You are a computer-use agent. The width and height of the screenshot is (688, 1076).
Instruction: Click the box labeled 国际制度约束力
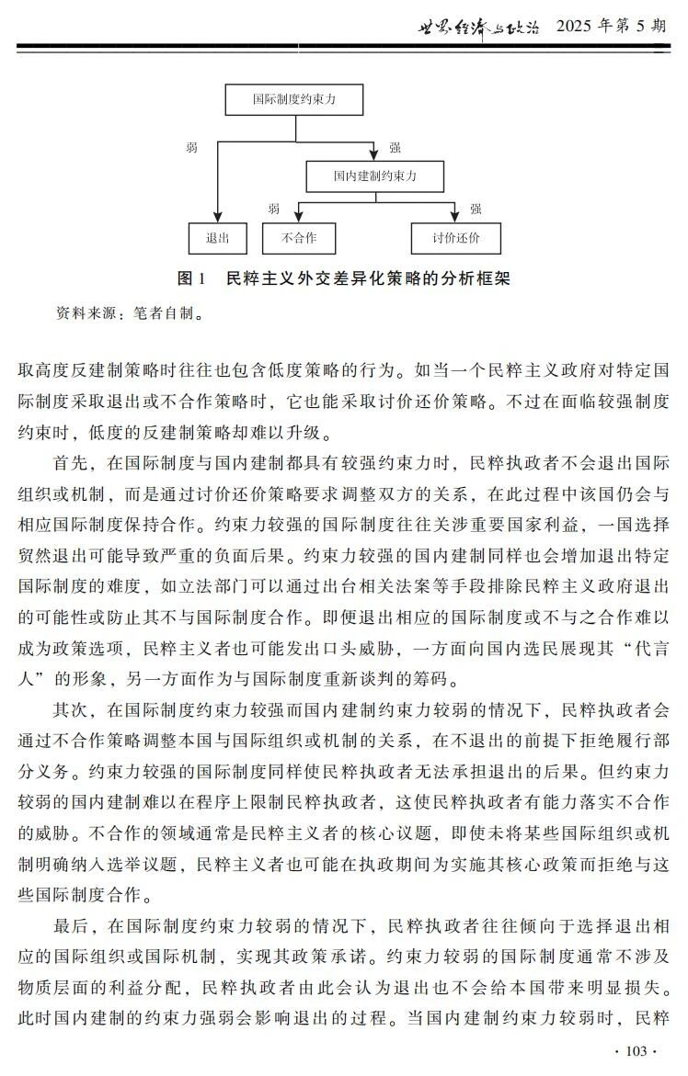point(294,99)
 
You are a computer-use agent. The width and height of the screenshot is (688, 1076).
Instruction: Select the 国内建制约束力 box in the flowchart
point(374,175)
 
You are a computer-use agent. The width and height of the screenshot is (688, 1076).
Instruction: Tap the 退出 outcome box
point(217,238)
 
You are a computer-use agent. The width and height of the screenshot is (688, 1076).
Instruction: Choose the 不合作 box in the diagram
point(298,238)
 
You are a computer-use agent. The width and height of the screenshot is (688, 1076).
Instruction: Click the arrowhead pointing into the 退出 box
point(217,218)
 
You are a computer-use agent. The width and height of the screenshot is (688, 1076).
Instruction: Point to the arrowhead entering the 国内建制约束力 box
point(374,154)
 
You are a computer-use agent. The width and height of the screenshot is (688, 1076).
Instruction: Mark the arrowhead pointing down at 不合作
point(298,218)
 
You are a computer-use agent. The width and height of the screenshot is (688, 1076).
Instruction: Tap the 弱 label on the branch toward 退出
point(191,147)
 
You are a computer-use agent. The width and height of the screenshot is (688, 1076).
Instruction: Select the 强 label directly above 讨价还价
point(476,209)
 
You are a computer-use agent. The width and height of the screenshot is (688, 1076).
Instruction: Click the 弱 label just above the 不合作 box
point(273,209)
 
